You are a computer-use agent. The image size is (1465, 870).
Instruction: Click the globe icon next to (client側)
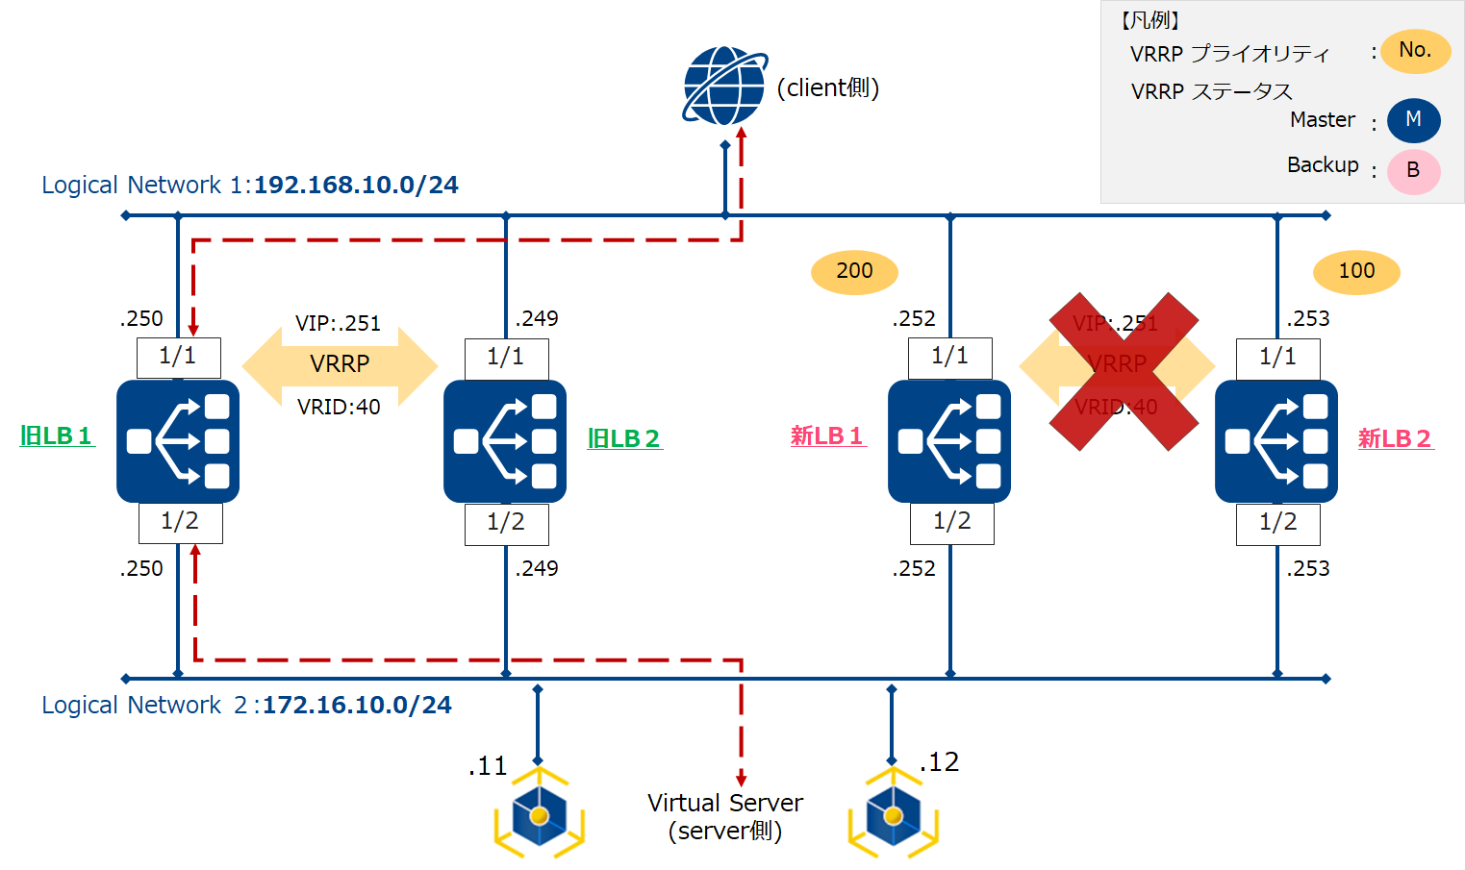[724, 86]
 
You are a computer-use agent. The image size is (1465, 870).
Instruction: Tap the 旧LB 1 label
[57, 436]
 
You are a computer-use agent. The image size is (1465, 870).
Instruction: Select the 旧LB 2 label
[624, 439]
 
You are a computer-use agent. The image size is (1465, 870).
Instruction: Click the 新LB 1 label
[827, 436]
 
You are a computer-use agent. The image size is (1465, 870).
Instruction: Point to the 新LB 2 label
[1395, 439]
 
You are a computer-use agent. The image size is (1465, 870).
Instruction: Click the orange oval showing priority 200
[854, 272]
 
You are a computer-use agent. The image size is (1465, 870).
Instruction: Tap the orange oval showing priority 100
[1356, 272]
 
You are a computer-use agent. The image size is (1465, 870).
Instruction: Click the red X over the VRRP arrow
[1123, 371]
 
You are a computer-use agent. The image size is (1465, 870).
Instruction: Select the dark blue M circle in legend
[1413, 120]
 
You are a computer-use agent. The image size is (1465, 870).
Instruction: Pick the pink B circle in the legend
[1413, 171]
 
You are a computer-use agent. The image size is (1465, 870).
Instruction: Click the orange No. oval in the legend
[1415, 51]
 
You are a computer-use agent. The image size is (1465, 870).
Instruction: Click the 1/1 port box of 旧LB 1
[179, 358]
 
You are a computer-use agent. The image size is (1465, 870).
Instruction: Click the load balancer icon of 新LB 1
[948, 441]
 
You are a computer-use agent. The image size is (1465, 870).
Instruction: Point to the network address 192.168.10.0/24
[356, 185]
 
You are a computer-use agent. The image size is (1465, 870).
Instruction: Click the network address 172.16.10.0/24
[357, 705]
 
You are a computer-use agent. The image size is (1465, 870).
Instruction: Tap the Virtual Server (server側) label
[725, 816]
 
